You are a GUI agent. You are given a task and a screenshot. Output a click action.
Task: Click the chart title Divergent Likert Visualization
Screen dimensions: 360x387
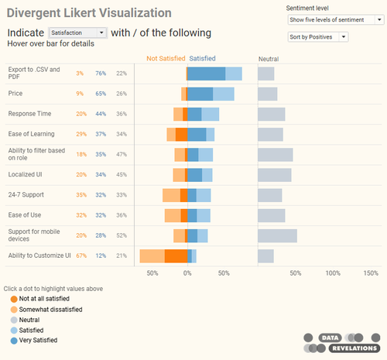(x=90, y=12)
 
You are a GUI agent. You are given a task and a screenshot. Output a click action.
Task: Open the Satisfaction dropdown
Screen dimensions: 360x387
(x=77, y=33)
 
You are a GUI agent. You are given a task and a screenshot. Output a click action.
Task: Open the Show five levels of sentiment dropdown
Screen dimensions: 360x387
(x=334, y=19)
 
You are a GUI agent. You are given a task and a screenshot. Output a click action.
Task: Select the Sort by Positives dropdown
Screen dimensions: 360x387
(x=317, y=36)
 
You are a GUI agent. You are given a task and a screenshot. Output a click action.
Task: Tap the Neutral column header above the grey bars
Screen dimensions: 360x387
(x=269, y=58)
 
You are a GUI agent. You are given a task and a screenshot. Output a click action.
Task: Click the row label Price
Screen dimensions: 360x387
(x=15, y=94)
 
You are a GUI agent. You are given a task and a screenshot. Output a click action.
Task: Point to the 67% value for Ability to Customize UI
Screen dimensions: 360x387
(x=80, y=255)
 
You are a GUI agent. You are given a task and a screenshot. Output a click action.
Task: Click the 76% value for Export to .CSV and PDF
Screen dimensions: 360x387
(x=101, y=74)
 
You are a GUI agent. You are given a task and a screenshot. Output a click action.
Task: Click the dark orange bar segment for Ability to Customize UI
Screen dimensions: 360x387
(x=176, y=255)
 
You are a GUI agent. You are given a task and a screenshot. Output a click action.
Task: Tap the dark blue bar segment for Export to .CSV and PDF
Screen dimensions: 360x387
(x=207, y=74)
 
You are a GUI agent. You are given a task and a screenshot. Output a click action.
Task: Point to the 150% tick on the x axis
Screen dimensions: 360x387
(x=371, y=273)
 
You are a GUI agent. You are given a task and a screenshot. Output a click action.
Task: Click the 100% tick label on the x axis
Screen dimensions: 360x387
(x=333, y=273)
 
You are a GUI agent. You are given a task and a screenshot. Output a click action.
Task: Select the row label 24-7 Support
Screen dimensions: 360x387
(x=28, y=195)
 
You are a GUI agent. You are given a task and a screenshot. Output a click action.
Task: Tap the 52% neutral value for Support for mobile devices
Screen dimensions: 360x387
(x=121, y=235)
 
